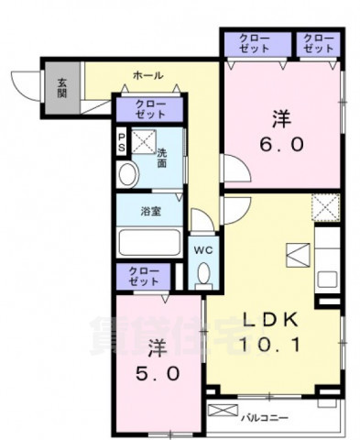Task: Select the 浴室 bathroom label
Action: [150, 211]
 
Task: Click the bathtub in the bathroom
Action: [150, 242]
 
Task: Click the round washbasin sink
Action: [127, 172]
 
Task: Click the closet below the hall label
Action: [150, 109]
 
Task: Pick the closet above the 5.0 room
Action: [143, 277]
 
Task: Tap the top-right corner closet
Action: [318, 43]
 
